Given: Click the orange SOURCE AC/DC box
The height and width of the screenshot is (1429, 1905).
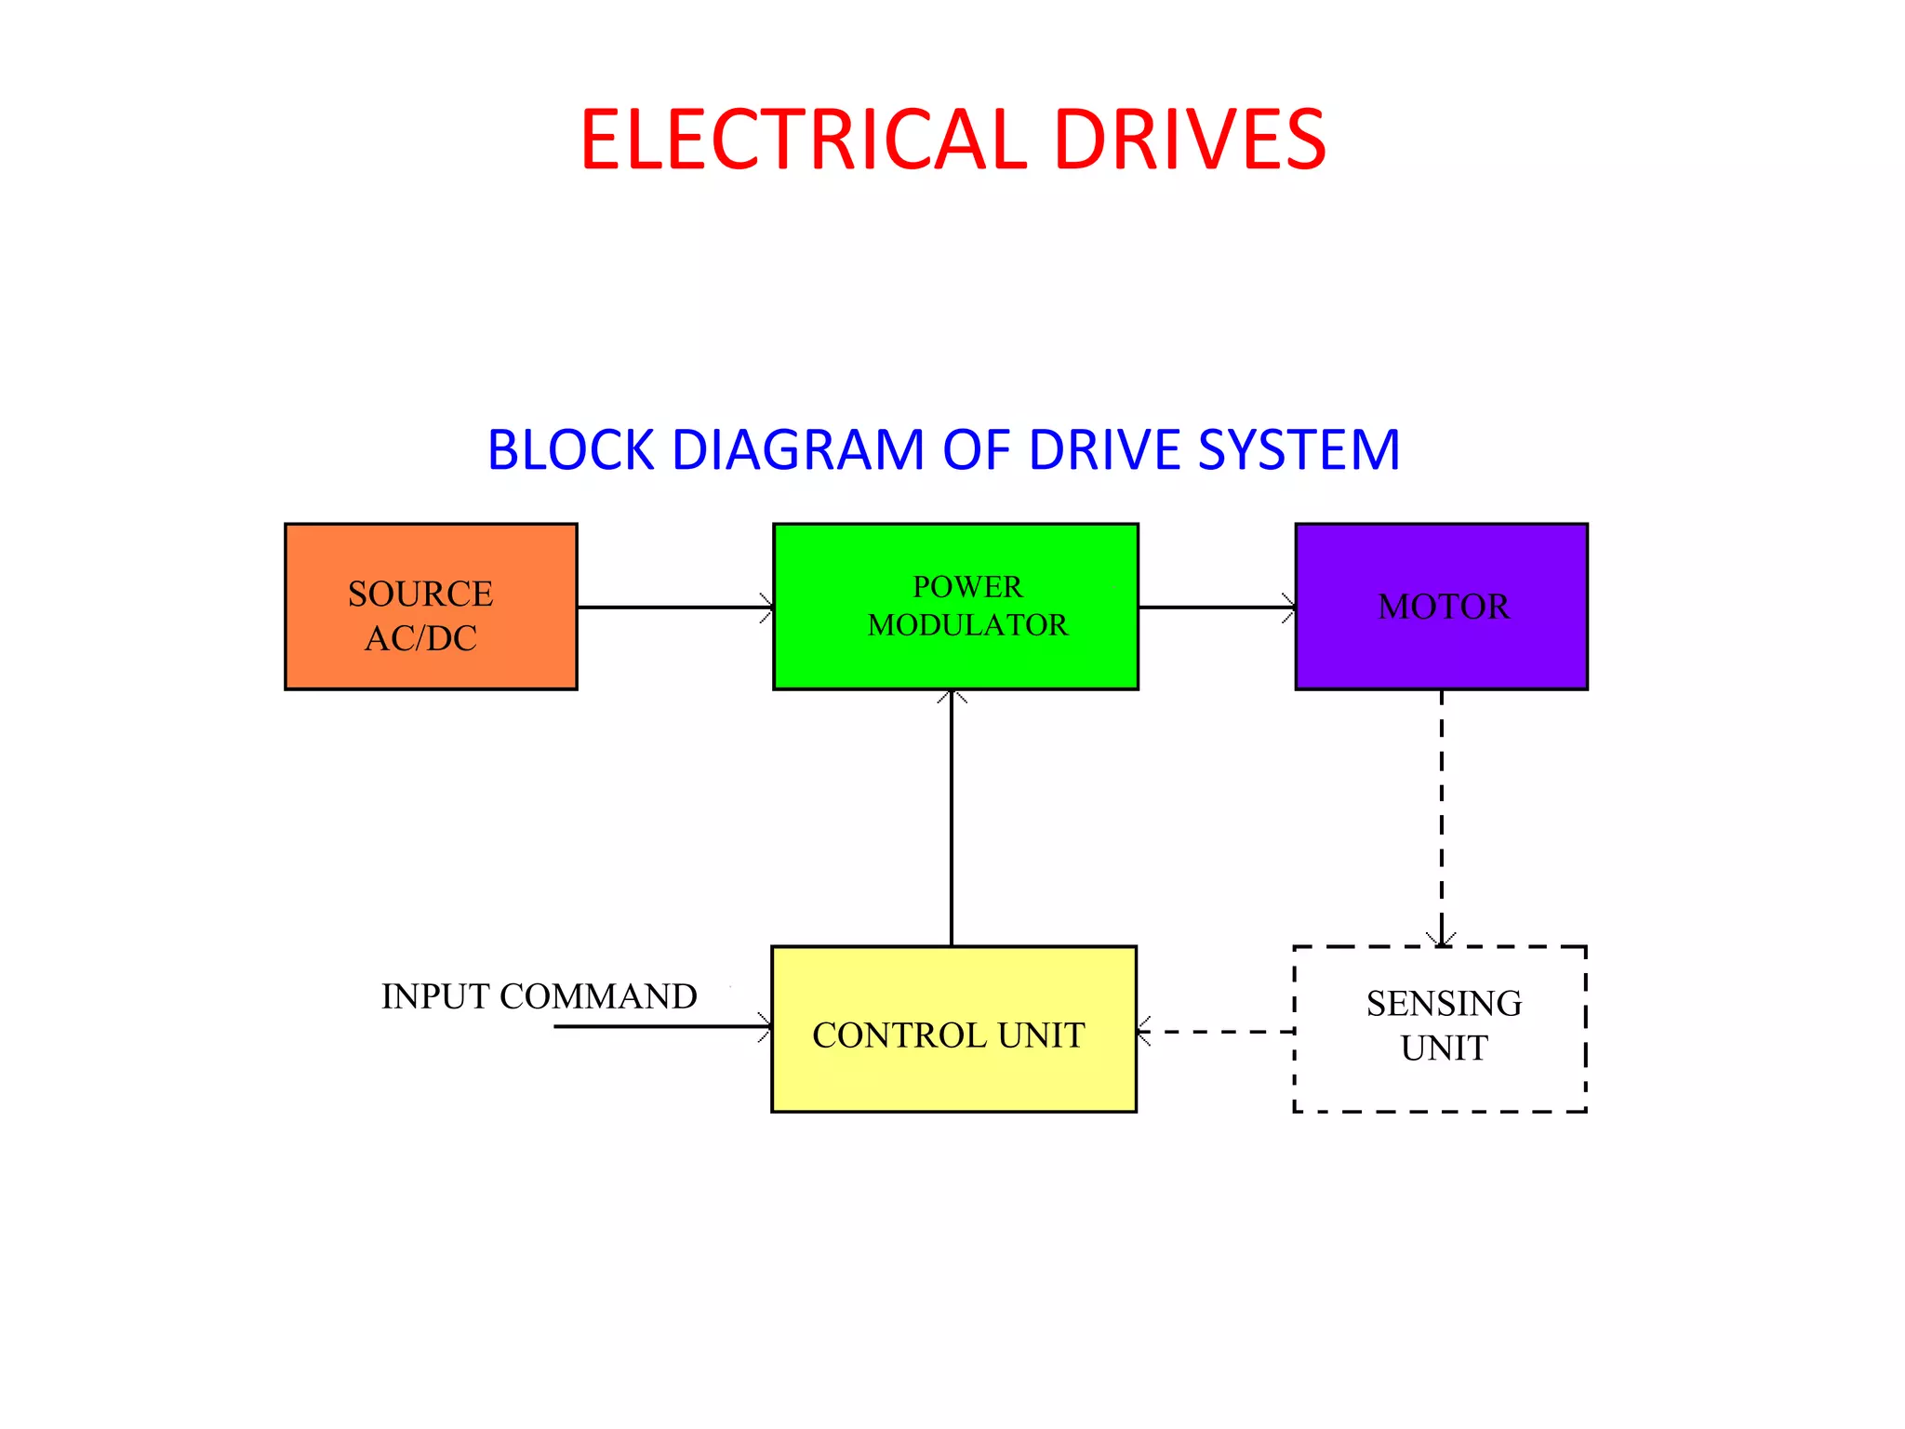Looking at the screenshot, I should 431,606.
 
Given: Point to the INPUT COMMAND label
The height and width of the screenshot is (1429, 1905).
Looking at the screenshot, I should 539,996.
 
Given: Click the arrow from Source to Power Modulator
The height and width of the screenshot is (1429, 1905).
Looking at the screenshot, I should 674,608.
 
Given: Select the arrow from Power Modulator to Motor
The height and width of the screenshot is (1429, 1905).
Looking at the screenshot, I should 1217,608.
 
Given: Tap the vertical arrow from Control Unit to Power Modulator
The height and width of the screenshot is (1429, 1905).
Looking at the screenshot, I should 951,819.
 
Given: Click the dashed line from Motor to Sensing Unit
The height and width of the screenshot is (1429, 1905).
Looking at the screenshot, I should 1442,819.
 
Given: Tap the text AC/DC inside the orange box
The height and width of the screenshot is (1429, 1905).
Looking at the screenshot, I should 420,638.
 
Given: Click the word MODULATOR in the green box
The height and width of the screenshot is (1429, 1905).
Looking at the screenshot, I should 967,625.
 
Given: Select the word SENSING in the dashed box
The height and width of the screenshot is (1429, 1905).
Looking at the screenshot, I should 1444,1004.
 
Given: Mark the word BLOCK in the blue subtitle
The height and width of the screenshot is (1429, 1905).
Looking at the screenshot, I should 570,450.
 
